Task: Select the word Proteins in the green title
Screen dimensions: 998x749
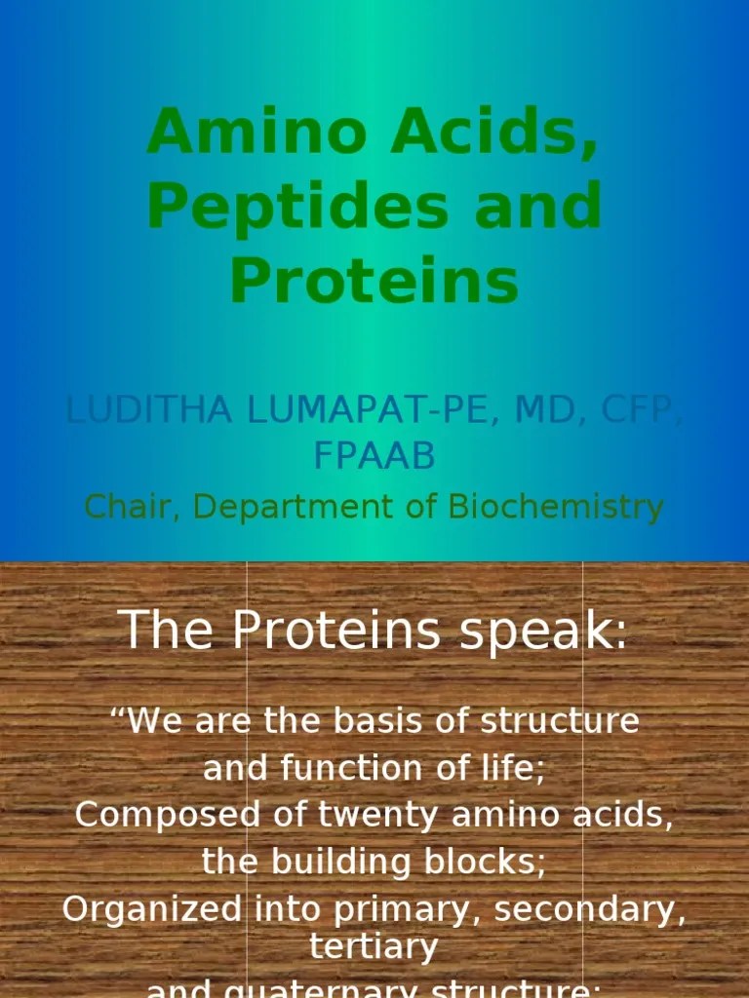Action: (x=374, y=280)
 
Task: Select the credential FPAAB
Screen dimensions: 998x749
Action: (x=374, y=455)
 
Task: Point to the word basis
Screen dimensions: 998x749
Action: (x=385, y=722)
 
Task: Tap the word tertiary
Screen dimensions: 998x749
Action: (x=374, y=946)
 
